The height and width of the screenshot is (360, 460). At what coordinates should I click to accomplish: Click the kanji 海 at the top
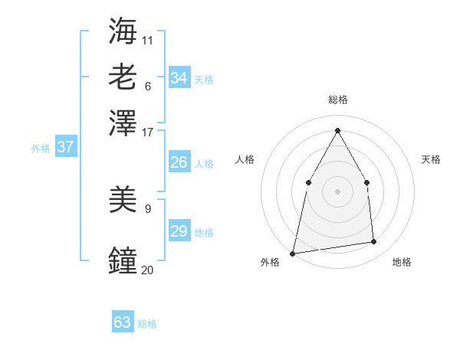123,32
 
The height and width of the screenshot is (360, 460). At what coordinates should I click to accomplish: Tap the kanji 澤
123,123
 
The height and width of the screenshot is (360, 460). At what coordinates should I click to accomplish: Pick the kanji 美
123,201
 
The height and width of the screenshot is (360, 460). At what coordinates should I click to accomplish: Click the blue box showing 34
179,78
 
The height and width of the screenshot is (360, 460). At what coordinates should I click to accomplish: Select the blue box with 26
179,162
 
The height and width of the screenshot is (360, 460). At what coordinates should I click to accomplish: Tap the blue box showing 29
179,231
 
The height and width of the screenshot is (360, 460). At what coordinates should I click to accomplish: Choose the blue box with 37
66,147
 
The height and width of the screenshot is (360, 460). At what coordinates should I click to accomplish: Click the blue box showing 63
123,322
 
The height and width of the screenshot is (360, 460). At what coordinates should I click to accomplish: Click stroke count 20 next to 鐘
147,270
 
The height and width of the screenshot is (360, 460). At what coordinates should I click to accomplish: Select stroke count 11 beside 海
147,40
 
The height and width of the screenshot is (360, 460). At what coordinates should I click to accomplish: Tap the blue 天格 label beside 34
204,79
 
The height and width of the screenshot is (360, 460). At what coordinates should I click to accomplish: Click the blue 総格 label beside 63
147,324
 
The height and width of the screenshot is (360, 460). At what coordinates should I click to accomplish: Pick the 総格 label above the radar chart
337,100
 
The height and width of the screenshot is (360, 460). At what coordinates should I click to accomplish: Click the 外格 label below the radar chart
270,262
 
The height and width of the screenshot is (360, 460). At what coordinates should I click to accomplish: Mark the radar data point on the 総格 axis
337,129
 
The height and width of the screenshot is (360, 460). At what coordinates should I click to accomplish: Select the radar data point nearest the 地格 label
374,242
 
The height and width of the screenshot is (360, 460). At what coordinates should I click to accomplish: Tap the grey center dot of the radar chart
337,191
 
